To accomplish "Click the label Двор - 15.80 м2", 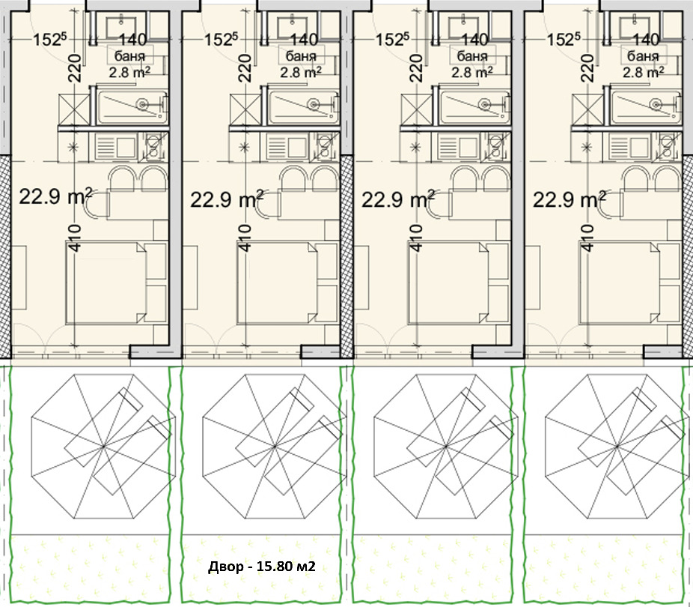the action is (262, 566).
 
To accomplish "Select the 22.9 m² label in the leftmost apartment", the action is (55, 196).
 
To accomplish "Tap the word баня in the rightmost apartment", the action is (643, 56).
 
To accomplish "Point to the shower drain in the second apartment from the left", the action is (314, 105).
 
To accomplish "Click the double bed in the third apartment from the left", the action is (448, 283).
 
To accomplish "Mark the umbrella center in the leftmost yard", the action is (103, 447).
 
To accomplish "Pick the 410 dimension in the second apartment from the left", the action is (245, 238).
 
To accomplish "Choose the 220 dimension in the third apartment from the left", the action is (416, 67).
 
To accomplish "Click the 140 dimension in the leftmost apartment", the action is (132, 40).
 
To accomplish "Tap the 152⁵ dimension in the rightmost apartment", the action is (563, 40).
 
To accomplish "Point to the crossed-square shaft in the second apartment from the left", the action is (245, 109).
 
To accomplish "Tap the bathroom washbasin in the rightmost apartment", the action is (634, 21).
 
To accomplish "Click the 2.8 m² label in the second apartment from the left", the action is (300, 72).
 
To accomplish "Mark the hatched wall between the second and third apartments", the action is (347, 256).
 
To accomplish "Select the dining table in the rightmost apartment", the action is (651, 204).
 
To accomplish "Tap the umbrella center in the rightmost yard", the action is (617, 447).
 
